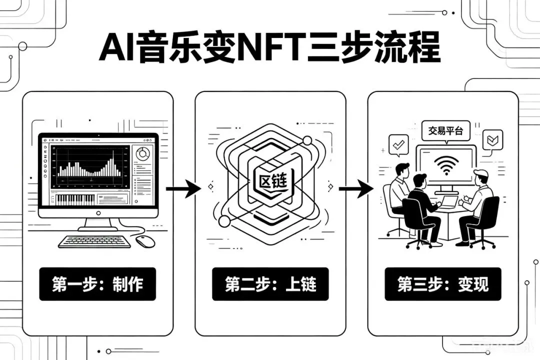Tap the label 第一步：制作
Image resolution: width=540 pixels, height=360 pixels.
point(97,284)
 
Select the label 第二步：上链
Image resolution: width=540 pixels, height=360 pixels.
point(270,284)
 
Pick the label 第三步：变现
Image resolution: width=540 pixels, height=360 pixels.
point(443,284)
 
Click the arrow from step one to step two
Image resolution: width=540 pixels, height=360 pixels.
point(183,188)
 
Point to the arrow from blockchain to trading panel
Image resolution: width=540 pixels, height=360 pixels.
point(356,188)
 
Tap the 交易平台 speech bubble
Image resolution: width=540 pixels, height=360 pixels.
point(445,131)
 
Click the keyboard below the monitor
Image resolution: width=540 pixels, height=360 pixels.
point(94,241)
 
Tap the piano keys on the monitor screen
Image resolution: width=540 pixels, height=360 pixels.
point(75,199)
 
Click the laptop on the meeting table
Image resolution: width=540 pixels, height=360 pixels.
point(448,202)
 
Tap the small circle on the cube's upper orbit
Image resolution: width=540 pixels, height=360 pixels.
point(307,140)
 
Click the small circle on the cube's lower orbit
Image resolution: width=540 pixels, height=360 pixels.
point(224,221)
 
